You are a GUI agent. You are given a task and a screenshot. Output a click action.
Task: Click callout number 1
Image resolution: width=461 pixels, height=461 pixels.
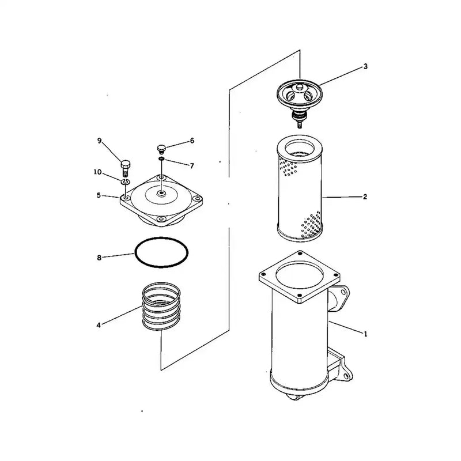coord(365,333)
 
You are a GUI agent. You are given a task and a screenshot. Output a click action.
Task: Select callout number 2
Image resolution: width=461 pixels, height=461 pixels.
coord(365,197)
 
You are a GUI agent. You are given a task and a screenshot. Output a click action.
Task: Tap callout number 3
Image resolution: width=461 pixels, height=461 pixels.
coord(365,67)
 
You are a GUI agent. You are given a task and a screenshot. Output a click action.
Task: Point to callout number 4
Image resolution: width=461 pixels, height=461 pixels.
coord(99,326)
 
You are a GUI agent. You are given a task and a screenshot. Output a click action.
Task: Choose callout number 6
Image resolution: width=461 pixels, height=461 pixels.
coord(192,141)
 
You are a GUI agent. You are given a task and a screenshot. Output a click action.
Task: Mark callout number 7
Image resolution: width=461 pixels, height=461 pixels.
coord(192,165)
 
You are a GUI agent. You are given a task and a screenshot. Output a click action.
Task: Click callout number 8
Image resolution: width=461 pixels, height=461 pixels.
coord(99,258)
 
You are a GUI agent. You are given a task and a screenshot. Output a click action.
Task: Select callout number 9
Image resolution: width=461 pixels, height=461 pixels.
coord(99,141)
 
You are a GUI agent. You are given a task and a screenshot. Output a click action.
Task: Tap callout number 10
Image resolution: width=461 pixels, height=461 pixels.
coord(99,172)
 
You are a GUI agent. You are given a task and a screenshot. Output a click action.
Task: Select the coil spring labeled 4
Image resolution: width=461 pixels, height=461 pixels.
coord(162,305)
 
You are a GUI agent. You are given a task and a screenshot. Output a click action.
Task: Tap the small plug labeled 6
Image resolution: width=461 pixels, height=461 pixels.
coord(162,149)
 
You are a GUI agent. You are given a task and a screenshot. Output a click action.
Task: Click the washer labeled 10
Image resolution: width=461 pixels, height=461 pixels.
coord(125,182)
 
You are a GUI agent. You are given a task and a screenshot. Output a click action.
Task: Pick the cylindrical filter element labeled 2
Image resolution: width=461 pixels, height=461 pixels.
coord(300,190)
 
